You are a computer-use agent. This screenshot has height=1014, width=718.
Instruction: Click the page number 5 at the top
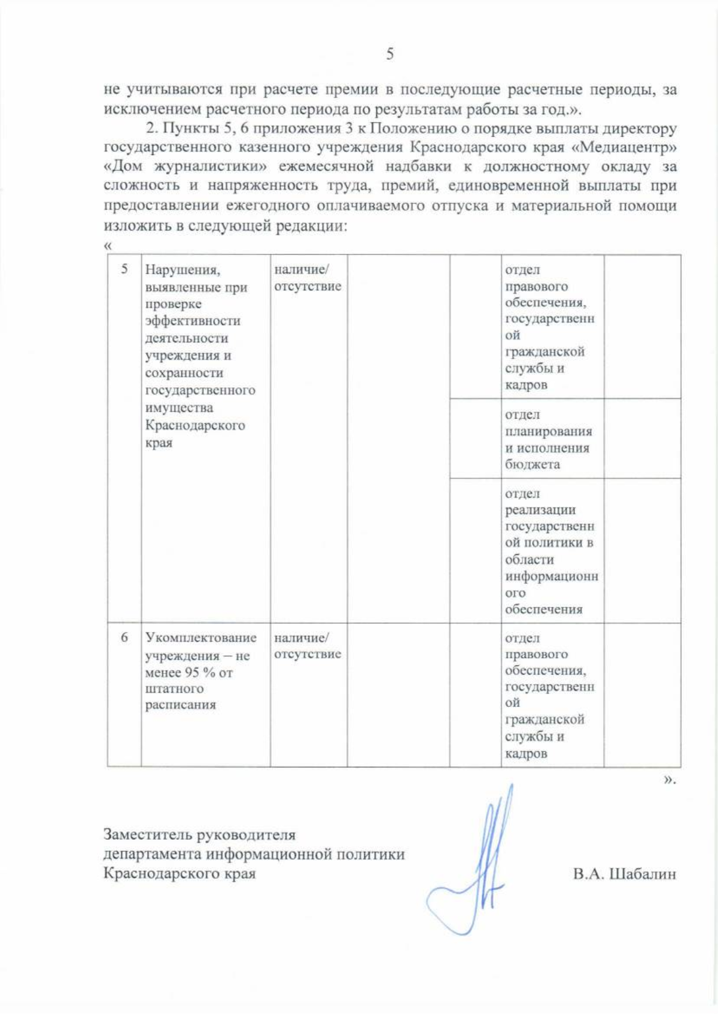(x=390, y=54)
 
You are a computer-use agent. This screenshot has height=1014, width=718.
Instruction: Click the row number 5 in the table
(x=124, y=269)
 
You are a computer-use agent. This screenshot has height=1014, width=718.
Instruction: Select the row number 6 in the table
(x=124, y=637)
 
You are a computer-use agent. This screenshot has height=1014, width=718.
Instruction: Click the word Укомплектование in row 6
(x=200, y=637)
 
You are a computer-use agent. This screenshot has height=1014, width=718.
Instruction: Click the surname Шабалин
(x=642, y=874)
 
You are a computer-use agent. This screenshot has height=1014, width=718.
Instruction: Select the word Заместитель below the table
(x=148, y=834)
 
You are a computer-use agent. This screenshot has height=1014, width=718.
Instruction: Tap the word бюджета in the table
(x=533, y=465)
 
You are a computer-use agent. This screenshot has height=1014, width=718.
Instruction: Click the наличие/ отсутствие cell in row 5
(x=308, y=278)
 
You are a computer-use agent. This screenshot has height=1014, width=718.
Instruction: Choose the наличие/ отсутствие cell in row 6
(x=308, y=646)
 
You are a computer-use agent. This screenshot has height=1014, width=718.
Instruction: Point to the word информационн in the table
(x=551, y=576)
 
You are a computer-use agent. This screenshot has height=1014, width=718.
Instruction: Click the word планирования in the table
(x=548, y=432)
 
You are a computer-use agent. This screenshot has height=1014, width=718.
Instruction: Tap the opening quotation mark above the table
(x=108, y=246)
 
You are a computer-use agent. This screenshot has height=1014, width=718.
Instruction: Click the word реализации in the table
(x=540, y=510)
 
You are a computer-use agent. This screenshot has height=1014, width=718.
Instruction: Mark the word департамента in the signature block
(x=153, y=854)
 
